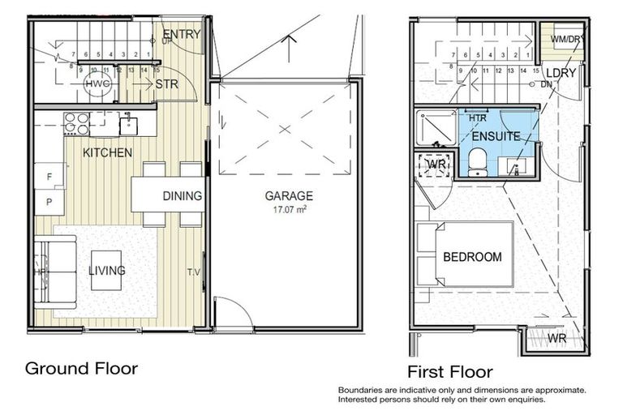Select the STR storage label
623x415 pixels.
(x=166, y=83)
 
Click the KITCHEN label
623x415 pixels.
(x=107, y=152)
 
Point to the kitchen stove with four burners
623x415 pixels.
(x=76, y=123)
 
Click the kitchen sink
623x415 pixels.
(x=128, y=125)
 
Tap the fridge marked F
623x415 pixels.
(x=49, y=176)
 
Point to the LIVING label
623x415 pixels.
(x=106, y=270)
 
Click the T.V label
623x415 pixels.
(x=194, y=272)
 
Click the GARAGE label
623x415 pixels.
(x=289, y=195)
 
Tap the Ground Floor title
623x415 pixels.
(x=81, y=368)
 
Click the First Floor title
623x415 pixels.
(x=449, y=372)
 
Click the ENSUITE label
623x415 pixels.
(x=496, y=136)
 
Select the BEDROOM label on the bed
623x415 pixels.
(x=472, y=257)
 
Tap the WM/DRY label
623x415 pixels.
(x=565, y=38)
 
